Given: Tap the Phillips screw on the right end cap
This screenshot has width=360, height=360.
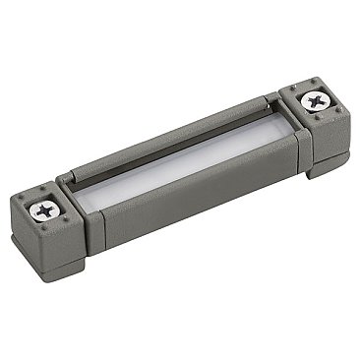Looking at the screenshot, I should coord(314,100).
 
